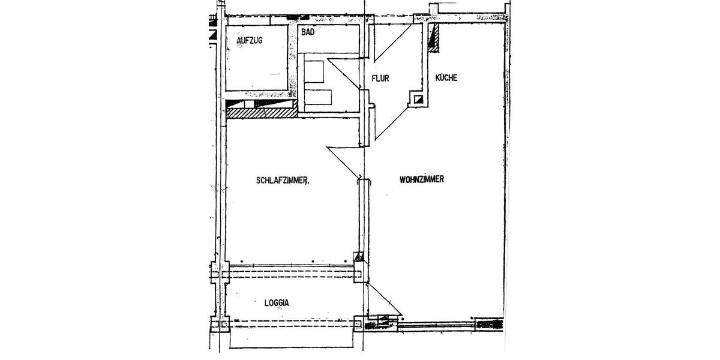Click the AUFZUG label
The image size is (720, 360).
250,40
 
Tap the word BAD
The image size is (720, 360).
307,33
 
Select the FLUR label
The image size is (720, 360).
382,78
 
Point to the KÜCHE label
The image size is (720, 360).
447,77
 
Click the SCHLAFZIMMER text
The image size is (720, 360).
282,179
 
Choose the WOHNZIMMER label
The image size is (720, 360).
421,179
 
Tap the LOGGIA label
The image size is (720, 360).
277,303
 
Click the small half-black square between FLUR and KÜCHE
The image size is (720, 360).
419,99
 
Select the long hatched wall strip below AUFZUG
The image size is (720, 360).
262,112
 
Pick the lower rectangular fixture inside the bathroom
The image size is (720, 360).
318,96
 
